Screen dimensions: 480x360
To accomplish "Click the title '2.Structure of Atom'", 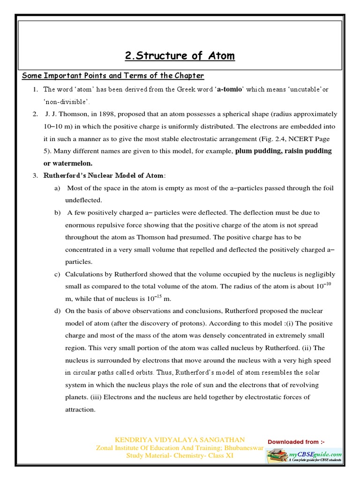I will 180,56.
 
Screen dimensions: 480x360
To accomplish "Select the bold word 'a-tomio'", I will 230,89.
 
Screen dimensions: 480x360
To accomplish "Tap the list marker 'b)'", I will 57,212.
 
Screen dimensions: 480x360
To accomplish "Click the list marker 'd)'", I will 57,311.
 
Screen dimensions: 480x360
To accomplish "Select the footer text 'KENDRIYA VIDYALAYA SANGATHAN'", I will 180,440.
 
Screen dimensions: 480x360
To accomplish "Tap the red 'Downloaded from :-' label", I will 296,442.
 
